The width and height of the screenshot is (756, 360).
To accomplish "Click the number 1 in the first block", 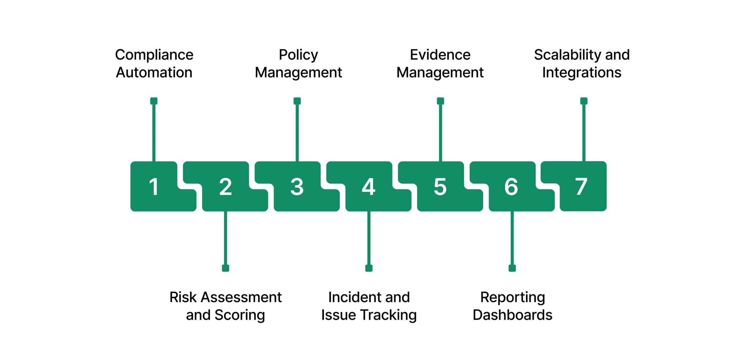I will tap(154, 187).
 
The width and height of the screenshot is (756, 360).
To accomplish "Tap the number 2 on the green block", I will tap(225, 187).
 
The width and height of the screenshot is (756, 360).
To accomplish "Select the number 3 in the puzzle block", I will tap(297, 187).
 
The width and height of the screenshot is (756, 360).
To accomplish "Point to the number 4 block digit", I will tap(369, 187).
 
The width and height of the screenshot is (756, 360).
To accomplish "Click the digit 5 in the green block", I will tap(440, 187).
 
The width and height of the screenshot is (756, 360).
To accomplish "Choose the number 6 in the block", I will tap(511, 187).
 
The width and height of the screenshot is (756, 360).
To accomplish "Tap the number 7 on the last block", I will tap(581, 187).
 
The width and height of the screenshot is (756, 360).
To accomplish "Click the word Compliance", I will tap(154, 55).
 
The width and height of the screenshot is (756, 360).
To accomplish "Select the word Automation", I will tap(154, 72).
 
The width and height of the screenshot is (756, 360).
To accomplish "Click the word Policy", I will tap(298, 55).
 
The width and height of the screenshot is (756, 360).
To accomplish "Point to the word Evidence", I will tap(440, 55).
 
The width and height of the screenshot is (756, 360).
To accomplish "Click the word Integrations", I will tap(582, 73).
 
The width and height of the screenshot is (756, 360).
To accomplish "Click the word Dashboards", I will tap(512, 315).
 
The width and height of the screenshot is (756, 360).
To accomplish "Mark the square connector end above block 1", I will tap(154, 101).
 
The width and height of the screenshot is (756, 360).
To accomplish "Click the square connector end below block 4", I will tap(369, 268).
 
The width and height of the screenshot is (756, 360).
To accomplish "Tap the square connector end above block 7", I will tap(584, 101).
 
